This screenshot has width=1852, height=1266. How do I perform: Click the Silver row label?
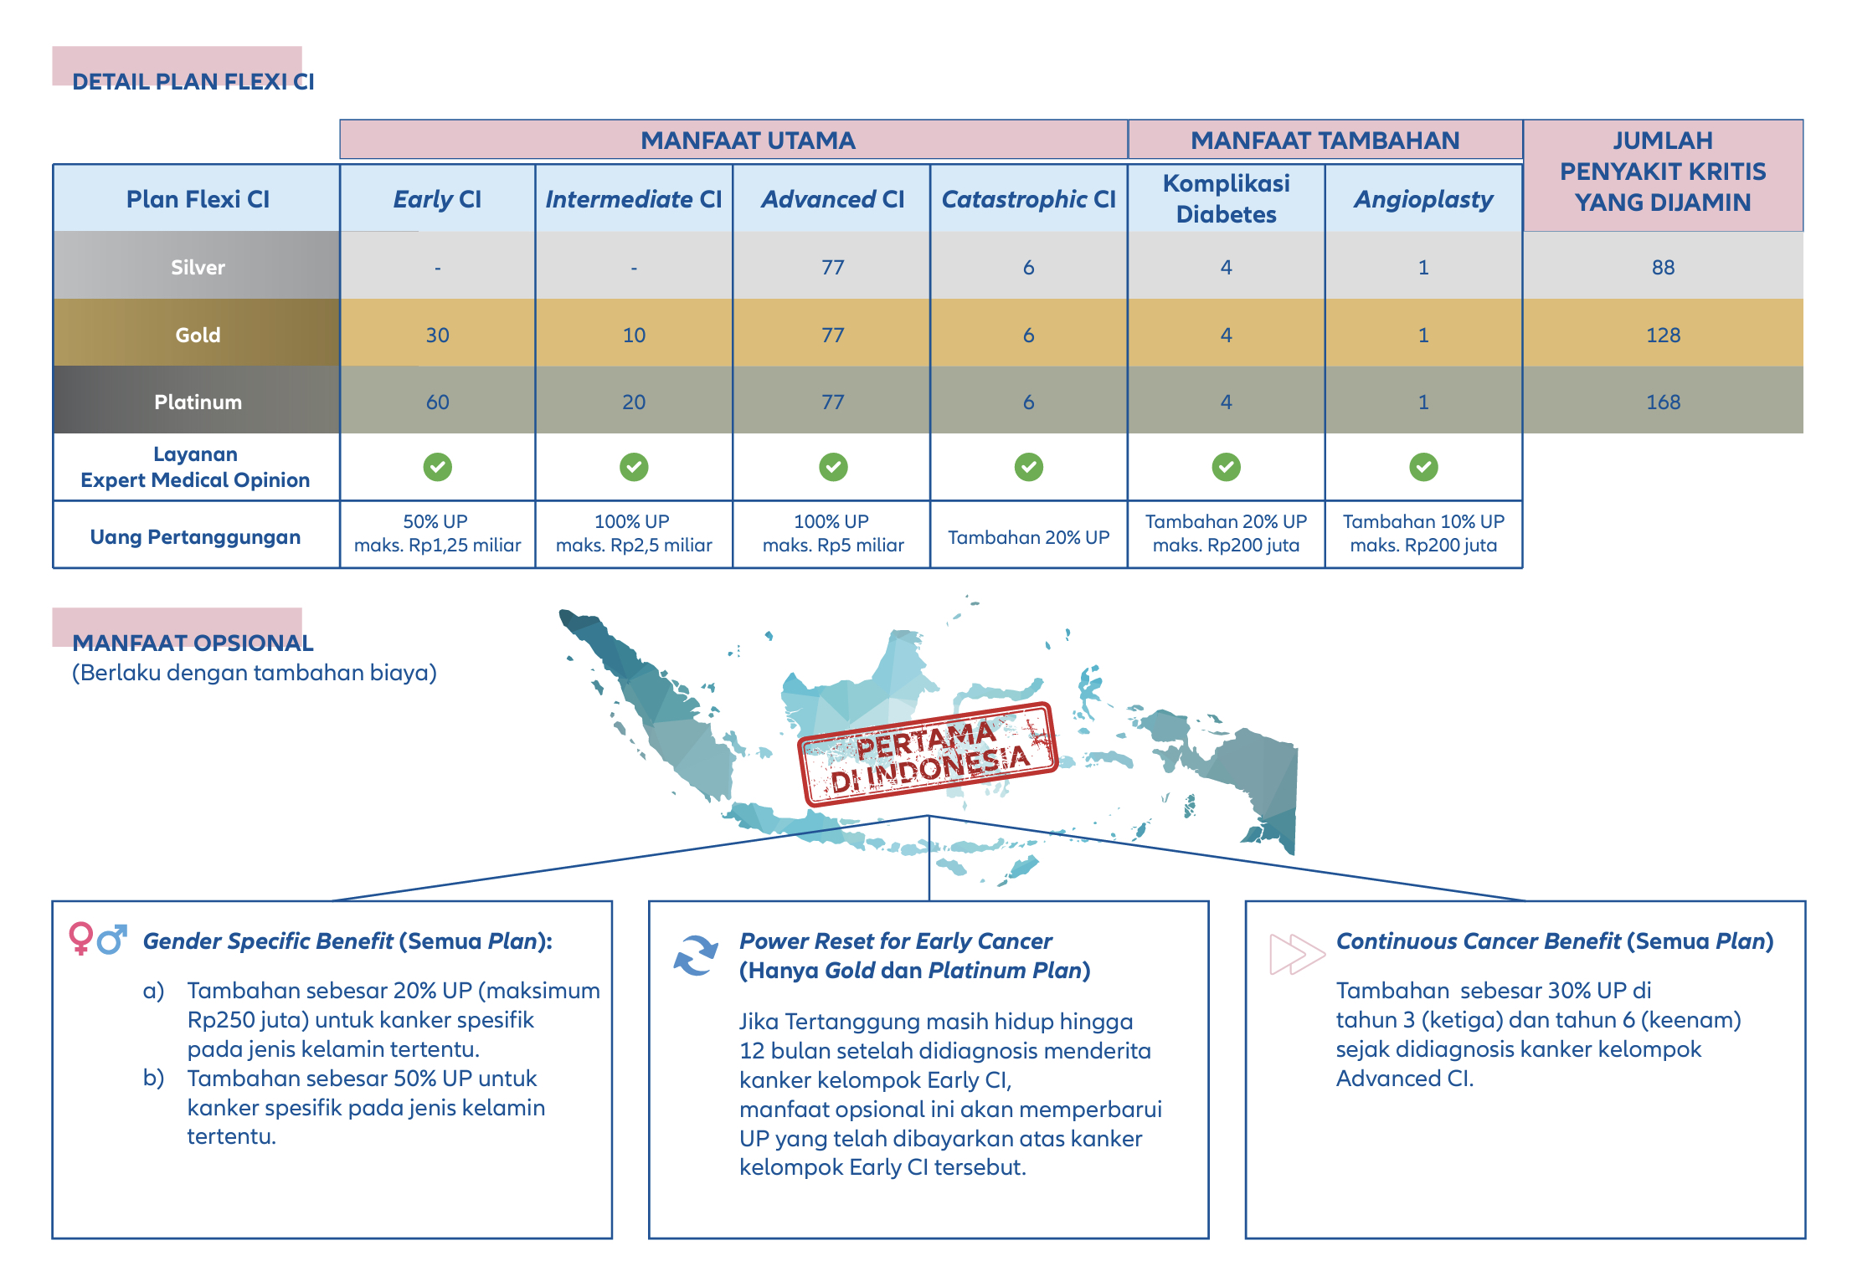click(x=198, y=267)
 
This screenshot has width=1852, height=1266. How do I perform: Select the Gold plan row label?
click(x=198, y=335)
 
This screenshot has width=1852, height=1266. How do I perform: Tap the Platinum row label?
click(x=198, y=402)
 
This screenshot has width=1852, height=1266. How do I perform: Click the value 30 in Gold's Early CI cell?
click(x=437, y=335)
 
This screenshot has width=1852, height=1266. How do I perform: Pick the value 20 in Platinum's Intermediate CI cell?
click(x=634, y=402)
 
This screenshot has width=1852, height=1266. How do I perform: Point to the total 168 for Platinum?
click(x=1663, y=402)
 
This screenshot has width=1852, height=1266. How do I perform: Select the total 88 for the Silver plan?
click(x=1663, y=267)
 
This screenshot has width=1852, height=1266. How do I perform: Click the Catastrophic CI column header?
click(x=1028, y=199)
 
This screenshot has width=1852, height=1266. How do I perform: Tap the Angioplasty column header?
click(x=1423, y=199)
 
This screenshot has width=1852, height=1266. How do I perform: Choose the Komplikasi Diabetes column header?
click(x=1226, y=198)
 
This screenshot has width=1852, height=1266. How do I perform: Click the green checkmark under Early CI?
click(x=437, y=466)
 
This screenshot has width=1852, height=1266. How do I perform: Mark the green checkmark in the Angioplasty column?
click(x=1423, y=466)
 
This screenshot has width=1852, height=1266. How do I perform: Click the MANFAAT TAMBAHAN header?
click(x=1325, y=140)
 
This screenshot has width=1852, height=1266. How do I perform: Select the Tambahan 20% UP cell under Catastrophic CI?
click(x=1028, y=537)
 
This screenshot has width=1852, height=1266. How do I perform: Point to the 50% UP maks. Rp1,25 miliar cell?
click(x=437, y=533)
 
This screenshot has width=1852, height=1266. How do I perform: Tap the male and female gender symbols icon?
click(x=98, y=939)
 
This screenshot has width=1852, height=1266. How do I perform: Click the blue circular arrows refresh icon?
click(x=696, y=956)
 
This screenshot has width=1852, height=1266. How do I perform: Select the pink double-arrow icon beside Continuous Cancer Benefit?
click(x=1297, y=954)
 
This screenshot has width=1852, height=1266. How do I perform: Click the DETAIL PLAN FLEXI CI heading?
click(x=193, y=81)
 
